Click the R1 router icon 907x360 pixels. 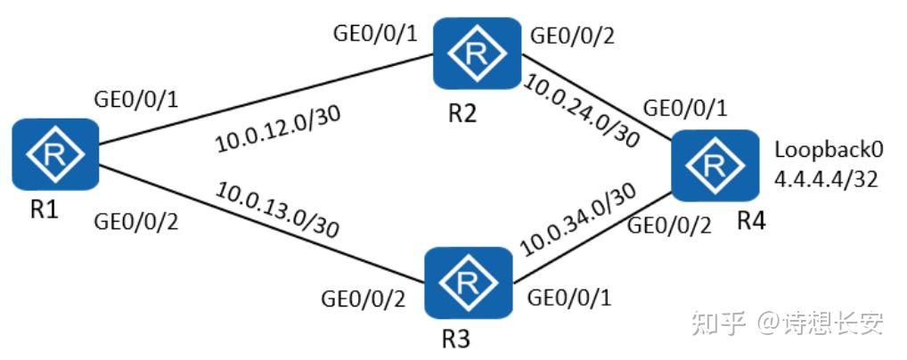[x=55, y=154]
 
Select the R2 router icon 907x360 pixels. [x=478, y=53]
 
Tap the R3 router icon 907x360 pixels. [x=468, y=282]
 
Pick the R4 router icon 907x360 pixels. [x=715, y=166]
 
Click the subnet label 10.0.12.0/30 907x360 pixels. [x=278, y=129]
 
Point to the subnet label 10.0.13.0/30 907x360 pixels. [x=276, y=209]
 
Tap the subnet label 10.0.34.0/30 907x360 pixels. [x=578, y=220]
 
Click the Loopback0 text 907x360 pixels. [x=829, y=151]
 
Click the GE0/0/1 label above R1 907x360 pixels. [x=136, y=100]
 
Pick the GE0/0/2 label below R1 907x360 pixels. [x=136, y=222]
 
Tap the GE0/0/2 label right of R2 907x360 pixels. [x=572, y=37]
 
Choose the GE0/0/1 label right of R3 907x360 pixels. [x=569, y=299]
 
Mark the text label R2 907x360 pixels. [x=462, y=114]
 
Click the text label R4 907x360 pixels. [x=751, y=220]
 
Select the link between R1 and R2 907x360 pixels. [x=266, y=98]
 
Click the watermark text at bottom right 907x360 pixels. [x=788, y=323]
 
